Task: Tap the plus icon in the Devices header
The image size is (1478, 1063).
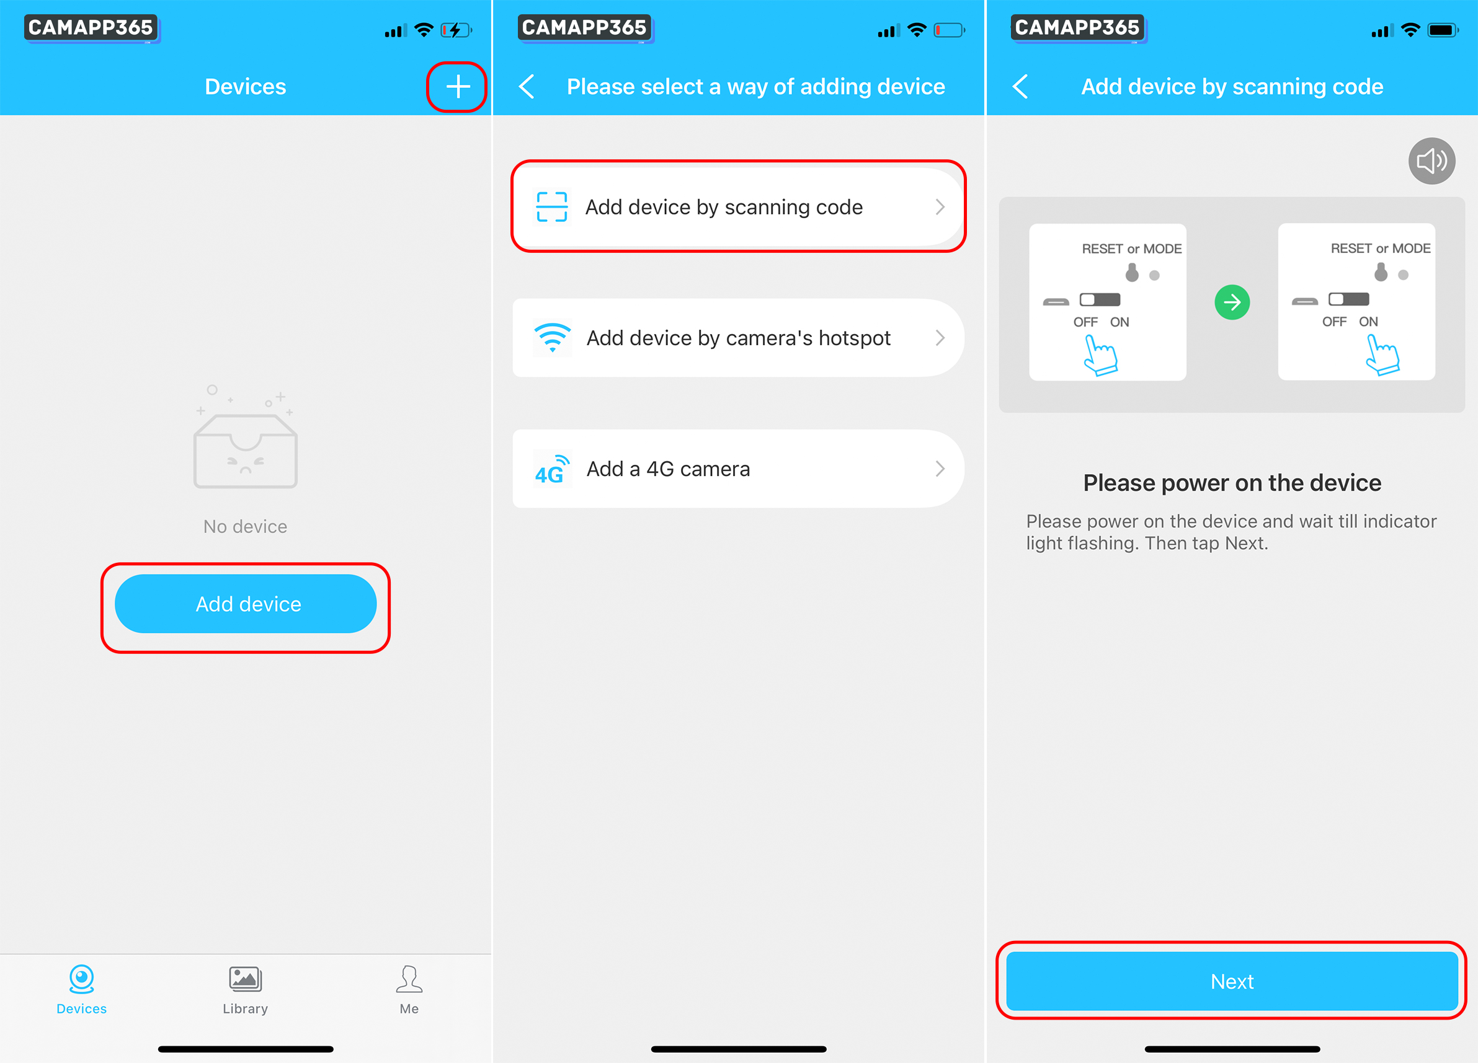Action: click(x=458, y=87)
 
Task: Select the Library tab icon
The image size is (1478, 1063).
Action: click(x=245, y=978)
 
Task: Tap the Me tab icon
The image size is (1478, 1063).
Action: click(x=409, y=978)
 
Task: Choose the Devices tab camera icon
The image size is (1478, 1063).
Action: click(x=81, y=978)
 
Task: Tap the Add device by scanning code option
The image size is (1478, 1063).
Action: click(x=738, y=206)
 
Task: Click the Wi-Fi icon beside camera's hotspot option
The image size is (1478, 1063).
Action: click(x=552, y=337)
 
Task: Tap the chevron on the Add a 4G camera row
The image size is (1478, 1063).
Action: click(x=940, y=469)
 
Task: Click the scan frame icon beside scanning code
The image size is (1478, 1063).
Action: click(x=551, y=206)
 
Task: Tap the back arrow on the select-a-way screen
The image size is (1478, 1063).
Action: click(x=527, y=87)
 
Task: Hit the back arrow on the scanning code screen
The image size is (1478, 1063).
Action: click(x=1020, y=87)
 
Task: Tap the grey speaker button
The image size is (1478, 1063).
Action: click(x=1431, y=161)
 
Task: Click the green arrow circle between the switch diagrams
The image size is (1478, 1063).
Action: click(x=1232, y=302)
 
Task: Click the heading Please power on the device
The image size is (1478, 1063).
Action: click(x=1232, y=483)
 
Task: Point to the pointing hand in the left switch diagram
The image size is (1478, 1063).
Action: click(x=1100, y=355)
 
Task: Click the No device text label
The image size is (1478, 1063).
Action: click(x=245, y=526)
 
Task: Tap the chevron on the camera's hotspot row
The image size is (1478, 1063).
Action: click(x=940, y=337)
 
